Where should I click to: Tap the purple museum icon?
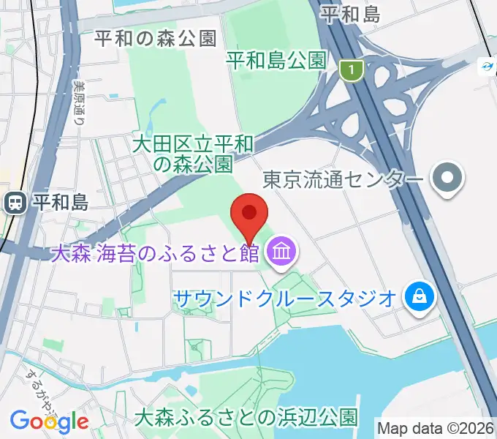pyautogui.click(x=281, y=254)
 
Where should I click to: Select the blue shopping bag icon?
pyautogui.click(x=422, y=297)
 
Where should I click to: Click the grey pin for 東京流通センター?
pyautogui.click(x=445, y=179)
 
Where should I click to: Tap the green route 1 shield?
pyautogui.click(x=352, y=70)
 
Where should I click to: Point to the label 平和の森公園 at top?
pyautogui.click(x=156, y=39)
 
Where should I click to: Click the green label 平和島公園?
pyautogui.click(x=276, y=59)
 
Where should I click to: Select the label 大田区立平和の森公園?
pyautogui.click(x=193, y=153)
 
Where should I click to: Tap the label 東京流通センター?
pyautogui.click(x=342, y=179)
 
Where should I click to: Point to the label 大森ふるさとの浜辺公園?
pyautogui.click(x=246, y=418)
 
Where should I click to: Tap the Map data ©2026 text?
pyautogui.click(x=435, y=427)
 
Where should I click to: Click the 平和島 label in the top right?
pyautogui.click(x=350, y=13)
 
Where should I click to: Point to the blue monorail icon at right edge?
pyautogui.click(x=486, y=67)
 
